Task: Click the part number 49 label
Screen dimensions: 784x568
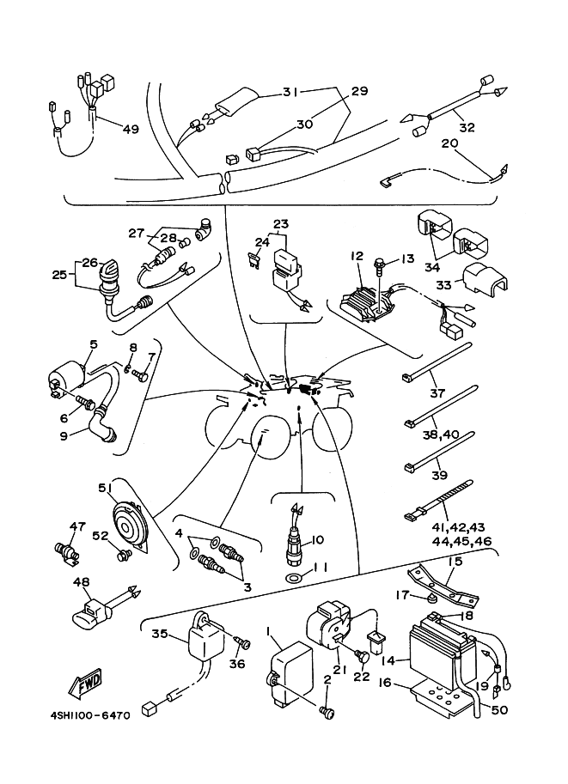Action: point(129,130)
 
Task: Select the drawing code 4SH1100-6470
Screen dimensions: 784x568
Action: point(82,714)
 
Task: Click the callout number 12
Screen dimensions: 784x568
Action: point(357,256)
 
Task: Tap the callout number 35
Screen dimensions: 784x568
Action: point(159,635)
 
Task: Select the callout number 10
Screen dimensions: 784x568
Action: point(317,540)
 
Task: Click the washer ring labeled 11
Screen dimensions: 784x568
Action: point(294,577)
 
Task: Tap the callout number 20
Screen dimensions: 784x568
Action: point(449,143)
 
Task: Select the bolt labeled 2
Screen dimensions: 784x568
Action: point(326,711)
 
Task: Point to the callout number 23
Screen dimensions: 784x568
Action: point(281,225)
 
